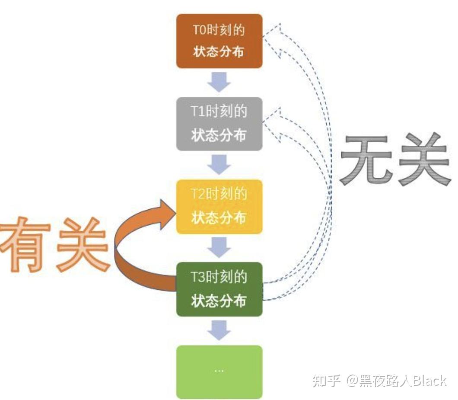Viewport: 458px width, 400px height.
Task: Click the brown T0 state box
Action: click(219, 41)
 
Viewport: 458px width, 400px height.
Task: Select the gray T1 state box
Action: click(219, 124)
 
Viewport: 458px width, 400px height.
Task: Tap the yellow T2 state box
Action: click(219, 206)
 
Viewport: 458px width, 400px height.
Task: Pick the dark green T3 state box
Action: click(219, 289)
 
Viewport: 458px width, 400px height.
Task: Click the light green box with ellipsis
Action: click(219, 371)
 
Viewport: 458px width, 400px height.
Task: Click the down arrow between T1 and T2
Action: click(219, 165)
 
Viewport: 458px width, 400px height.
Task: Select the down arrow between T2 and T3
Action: click(219, 247)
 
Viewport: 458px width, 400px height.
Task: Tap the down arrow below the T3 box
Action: click(219, 330)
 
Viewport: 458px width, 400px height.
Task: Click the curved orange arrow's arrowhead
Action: click(166, 214)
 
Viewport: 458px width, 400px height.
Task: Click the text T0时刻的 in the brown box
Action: click(219, 30)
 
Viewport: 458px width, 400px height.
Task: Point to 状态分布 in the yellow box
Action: click(219, 218)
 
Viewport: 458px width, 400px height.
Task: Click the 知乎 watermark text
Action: click(326, 381)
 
